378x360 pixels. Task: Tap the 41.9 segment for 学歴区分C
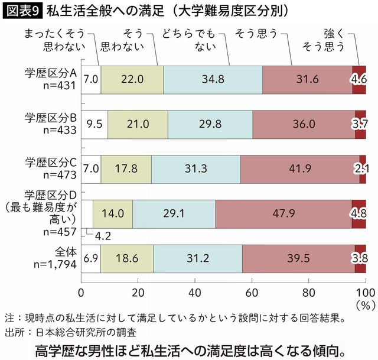pyautogui.click(x=299, y=168)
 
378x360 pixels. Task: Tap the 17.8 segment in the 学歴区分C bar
pyautogui.click(x=126, y=168)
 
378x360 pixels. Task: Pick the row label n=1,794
pyautogui.click(x=55, y=265)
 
